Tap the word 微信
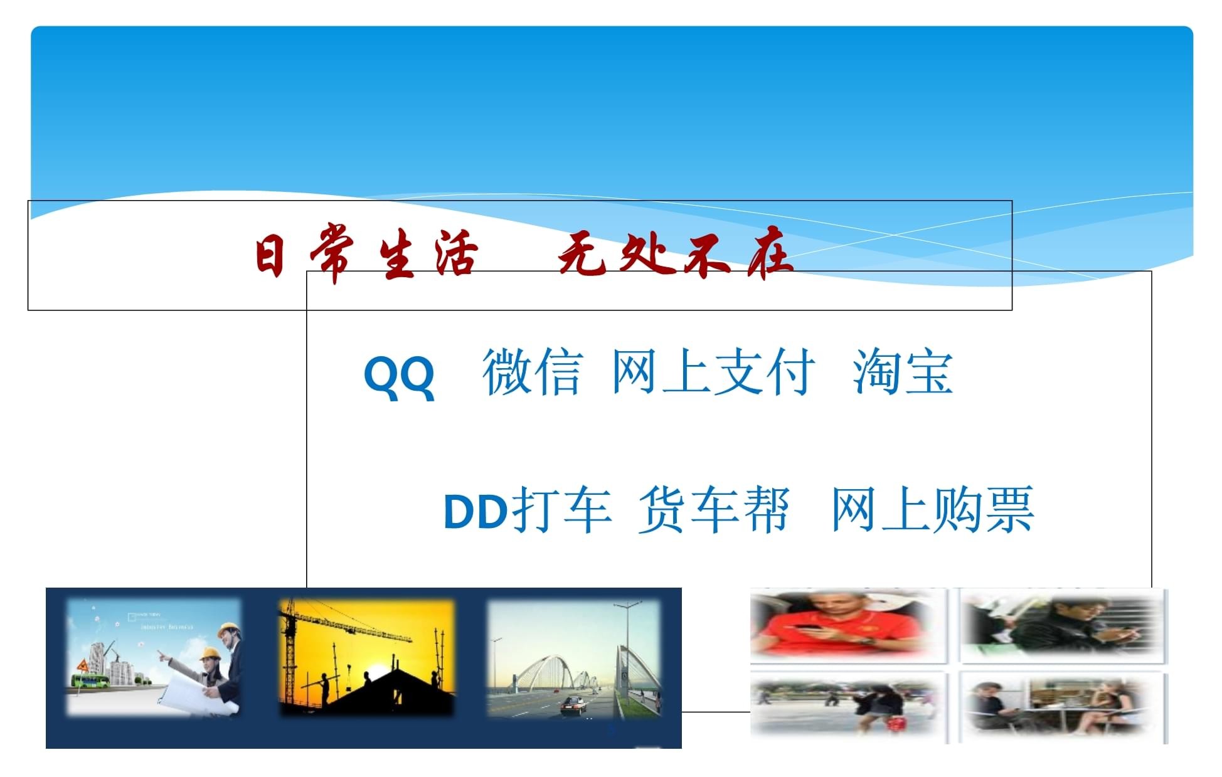click(532, 373)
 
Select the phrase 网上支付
click(713, 373)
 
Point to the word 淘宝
click(903, 373)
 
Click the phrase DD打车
click(527, 510)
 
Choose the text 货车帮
click(713, 510)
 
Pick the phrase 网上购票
click(932, 510)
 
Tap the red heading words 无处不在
click(675, 257)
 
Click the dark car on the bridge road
click(572, 706)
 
